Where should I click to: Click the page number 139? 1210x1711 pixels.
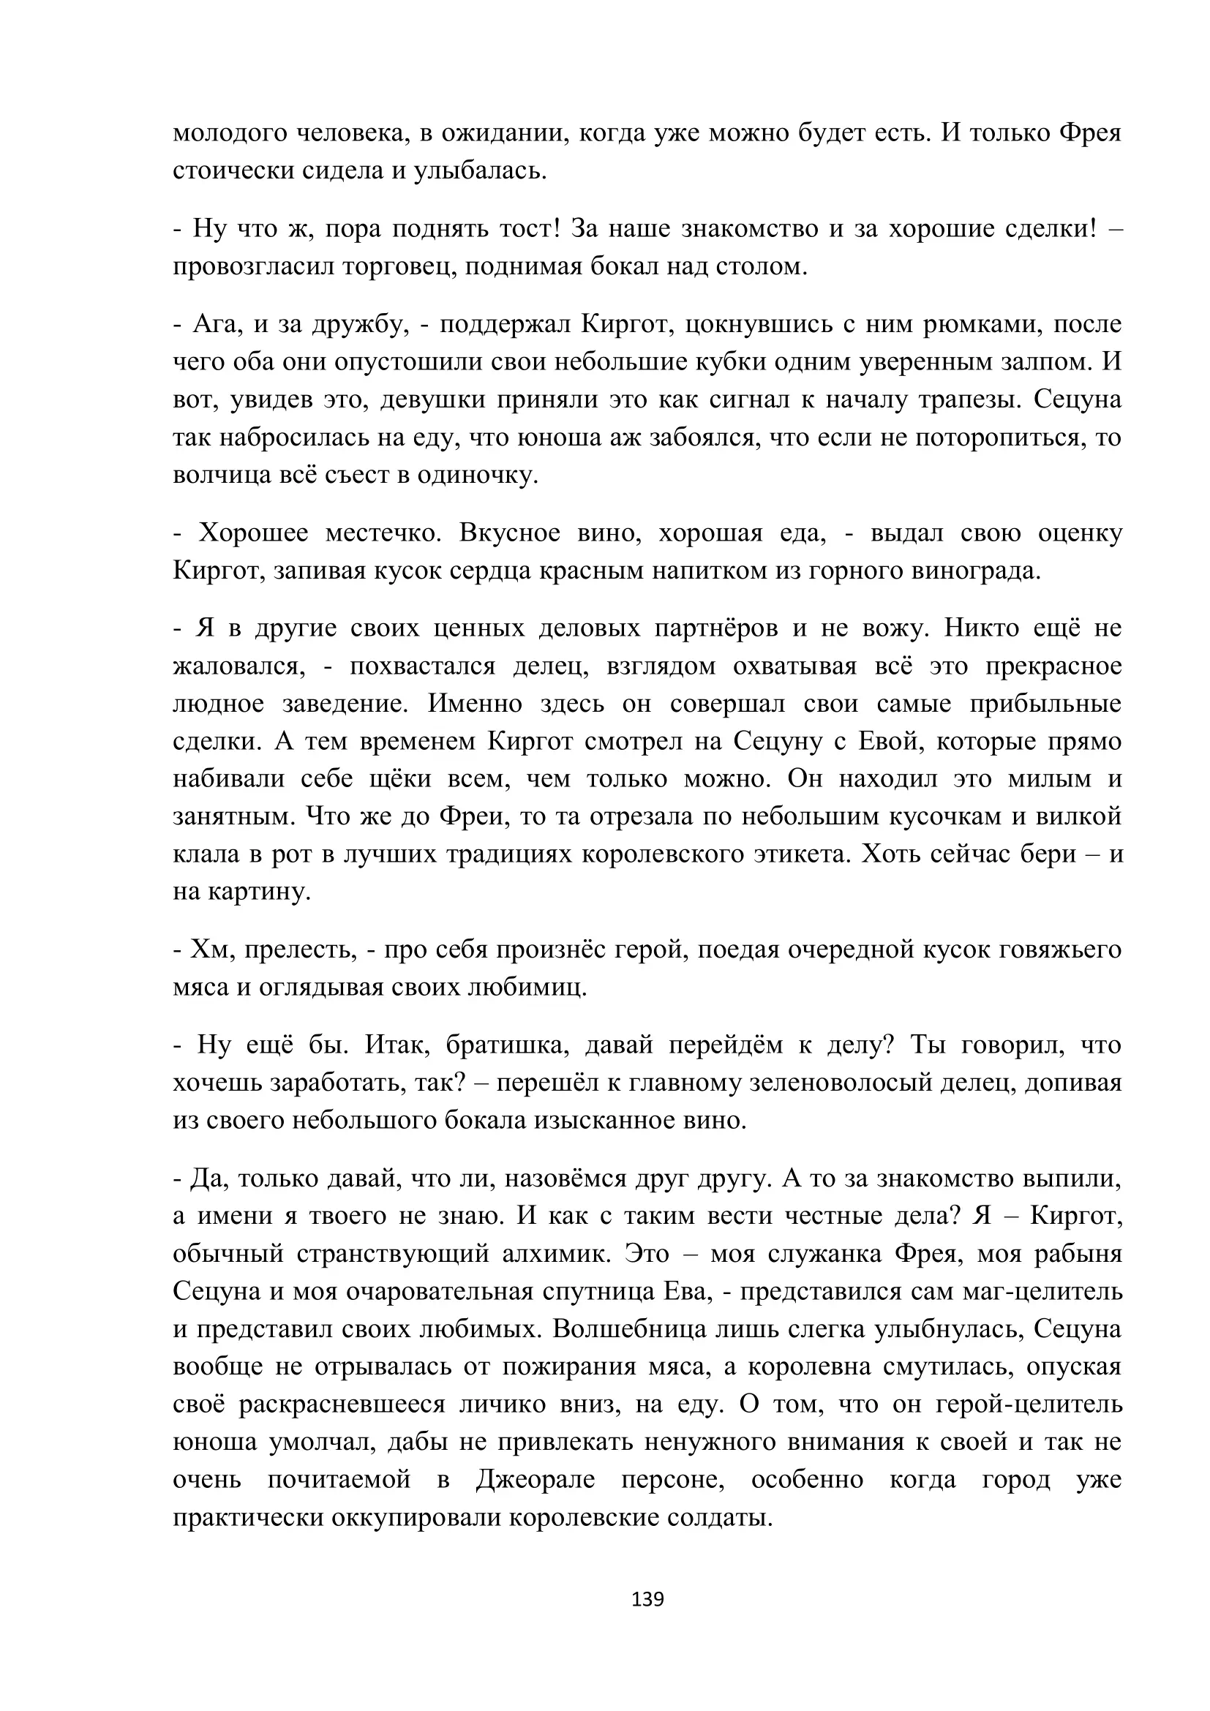point(647,1599)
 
